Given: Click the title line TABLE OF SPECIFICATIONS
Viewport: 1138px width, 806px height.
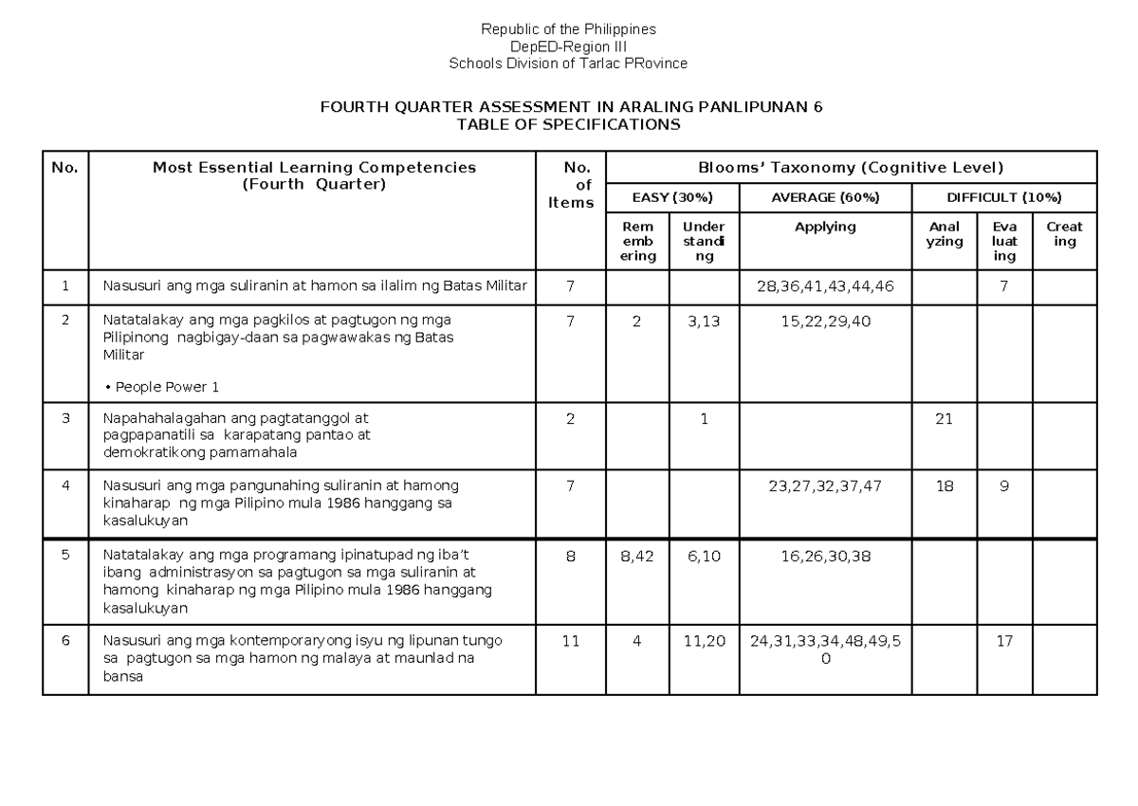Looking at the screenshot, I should pos(568,124).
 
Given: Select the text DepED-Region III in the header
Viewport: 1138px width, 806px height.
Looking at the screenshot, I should pos(568,46).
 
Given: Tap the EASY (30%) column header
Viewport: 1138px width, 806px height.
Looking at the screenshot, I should pos(672,197).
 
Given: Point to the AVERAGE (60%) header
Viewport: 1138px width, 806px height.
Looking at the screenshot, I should pos(825,197).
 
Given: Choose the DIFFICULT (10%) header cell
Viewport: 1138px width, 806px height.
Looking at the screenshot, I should pos(1004,197).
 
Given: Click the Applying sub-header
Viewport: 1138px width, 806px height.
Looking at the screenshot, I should pos(825,227).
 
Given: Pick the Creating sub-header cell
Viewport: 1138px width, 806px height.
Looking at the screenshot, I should pos(1064,234).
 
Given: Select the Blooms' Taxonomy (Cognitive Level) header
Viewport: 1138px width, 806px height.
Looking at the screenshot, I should pos(851,168).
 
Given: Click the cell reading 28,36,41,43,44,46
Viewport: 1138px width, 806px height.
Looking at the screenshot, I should pos(825,285).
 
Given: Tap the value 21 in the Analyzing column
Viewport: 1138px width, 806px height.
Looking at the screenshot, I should pos(943,418).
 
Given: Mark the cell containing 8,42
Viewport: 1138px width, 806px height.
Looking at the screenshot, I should pos(637,557).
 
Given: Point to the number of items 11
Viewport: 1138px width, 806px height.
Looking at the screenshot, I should pos(570,640).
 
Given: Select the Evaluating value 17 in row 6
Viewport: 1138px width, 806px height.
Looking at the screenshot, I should pos(1004,640).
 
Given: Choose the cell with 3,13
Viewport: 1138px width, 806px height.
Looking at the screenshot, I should pos(705,321).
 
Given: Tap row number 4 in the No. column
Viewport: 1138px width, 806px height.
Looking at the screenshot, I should pos(65,485).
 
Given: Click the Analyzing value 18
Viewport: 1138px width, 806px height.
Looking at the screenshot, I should pos(943,485).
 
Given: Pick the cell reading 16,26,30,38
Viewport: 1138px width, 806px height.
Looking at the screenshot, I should pos(825,557).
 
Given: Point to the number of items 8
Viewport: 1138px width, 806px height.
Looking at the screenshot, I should pos(570,557).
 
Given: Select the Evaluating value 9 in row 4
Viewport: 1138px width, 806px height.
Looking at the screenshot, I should pos(1004,485).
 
